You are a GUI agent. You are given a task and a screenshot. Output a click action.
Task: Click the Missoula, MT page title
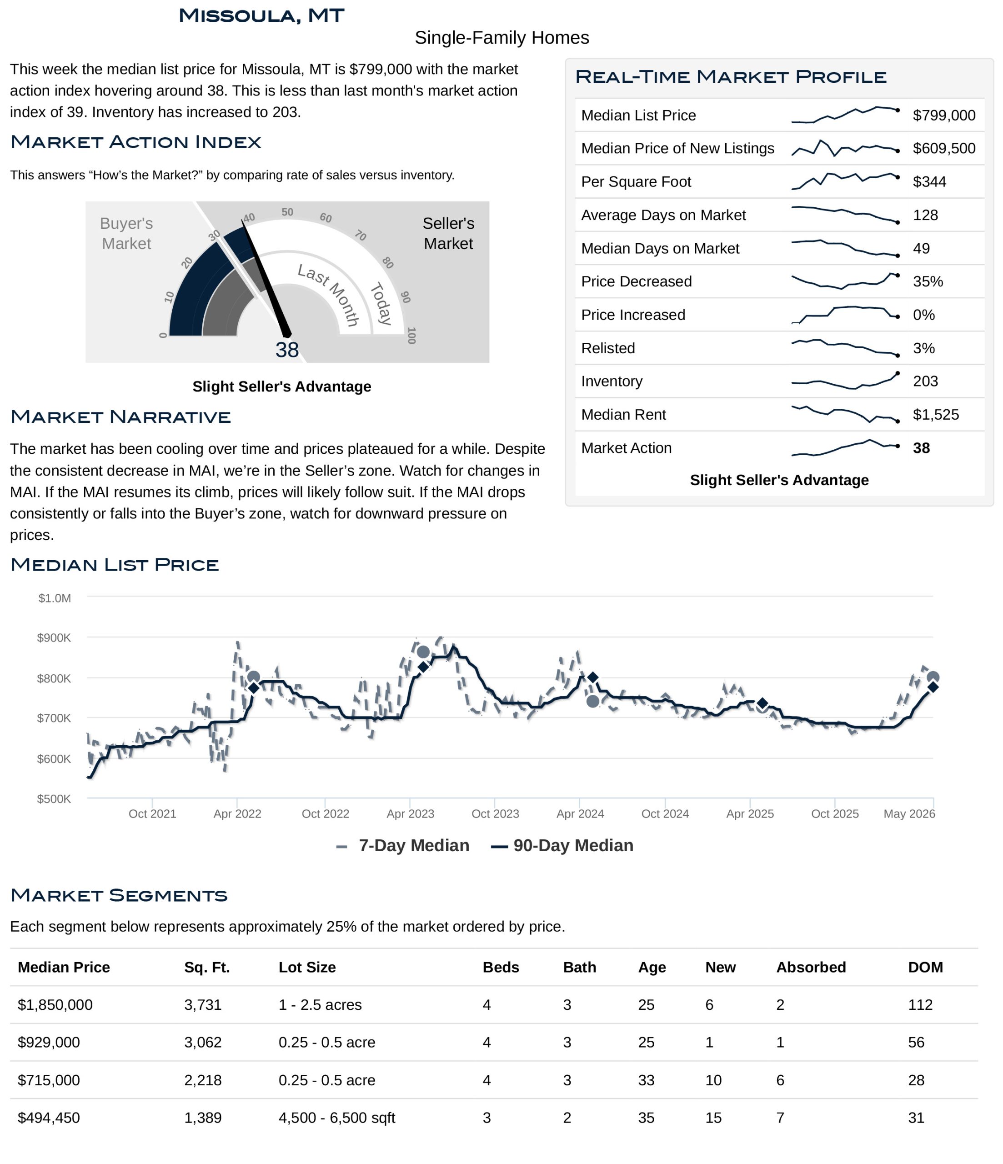point(261,16)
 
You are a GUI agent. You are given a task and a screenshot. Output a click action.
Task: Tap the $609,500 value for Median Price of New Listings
point(944,148)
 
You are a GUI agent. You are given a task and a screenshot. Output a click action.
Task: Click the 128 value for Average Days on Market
point(925,215)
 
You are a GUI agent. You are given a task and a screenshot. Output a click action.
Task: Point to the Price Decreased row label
point(636,281)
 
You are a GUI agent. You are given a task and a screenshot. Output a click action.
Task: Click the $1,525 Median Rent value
point(936,415)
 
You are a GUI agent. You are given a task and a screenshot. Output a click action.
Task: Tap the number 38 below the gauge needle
point(287,350)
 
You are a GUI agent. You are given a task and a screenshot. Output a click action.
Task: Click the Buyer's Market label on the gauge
point(126,233)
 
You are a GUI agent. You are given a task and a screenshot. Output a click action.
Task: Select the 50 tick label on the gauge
point(287,212)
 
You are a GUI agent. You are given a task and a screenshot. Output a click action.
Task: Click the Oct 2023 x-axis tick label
point(495,814)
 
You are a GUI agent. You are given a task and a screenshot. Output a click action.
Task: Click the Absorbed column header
point(811,968)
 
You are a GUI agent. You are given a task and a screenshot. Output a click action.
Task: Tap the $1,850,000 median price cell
point(55,1005)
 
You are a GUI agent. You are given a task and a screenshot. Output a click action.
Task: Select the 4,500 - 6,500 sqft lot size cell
point(336,1118)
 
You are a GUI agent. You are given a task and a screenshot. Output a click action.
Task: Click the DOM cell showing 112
point(920,1005)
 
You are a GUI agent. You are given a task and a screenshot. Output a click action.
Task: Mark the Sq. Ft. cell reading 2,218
point(203,1080)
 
